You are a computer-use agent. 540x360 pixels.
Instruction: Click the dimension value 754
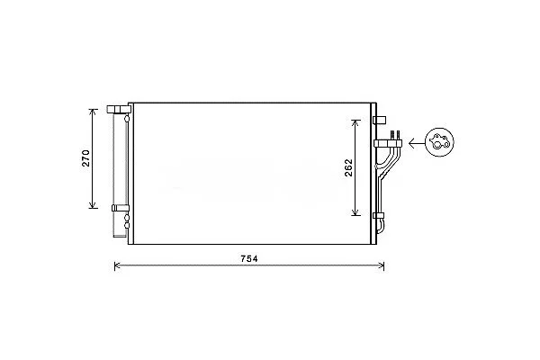tap(249, 258)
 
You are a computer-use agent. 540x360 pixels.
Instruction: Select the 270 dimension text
tap(85, 158)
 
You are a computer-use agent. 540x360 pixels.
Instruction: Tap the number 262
tap(349, 167)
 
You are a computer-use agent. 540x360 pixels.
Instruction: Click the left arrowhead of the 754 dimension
tap(117, 265)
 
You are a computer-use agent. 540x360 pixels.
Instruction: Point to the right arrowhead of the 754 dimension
tap(382, 265)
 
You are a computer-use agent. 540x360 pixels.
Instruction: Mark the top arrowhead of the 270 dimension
tap(92, 112)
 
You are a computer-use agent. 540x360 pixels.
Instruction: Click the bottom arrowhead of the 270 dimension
tap(92, 206)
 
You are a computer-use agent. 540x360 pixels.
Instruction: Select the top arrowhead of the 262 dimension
tap(355, 122)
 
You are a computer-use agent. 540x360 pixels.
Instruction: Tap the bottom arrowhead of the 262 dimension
tap(355, 212)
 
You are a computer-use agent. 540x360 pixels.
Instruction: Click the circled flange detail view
tap(439, 142)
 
